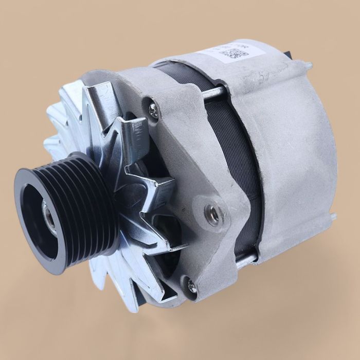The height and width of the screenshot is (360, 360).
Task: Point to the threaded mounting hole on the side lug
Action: coord(213,212)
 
